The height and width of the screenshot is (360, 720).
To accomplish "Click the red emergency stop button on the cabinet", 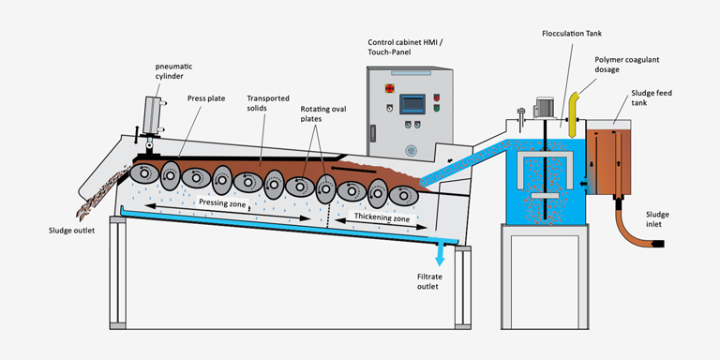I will coord(387,89).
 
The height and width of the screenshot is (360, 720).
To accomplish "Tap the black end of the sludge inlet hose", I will coord(658,245).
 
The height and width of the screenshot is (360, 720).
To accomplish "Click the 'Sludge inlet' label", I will coord(658,220).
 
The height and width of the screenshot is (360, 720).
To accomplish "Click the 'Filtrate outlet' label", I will coord(434,283).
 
